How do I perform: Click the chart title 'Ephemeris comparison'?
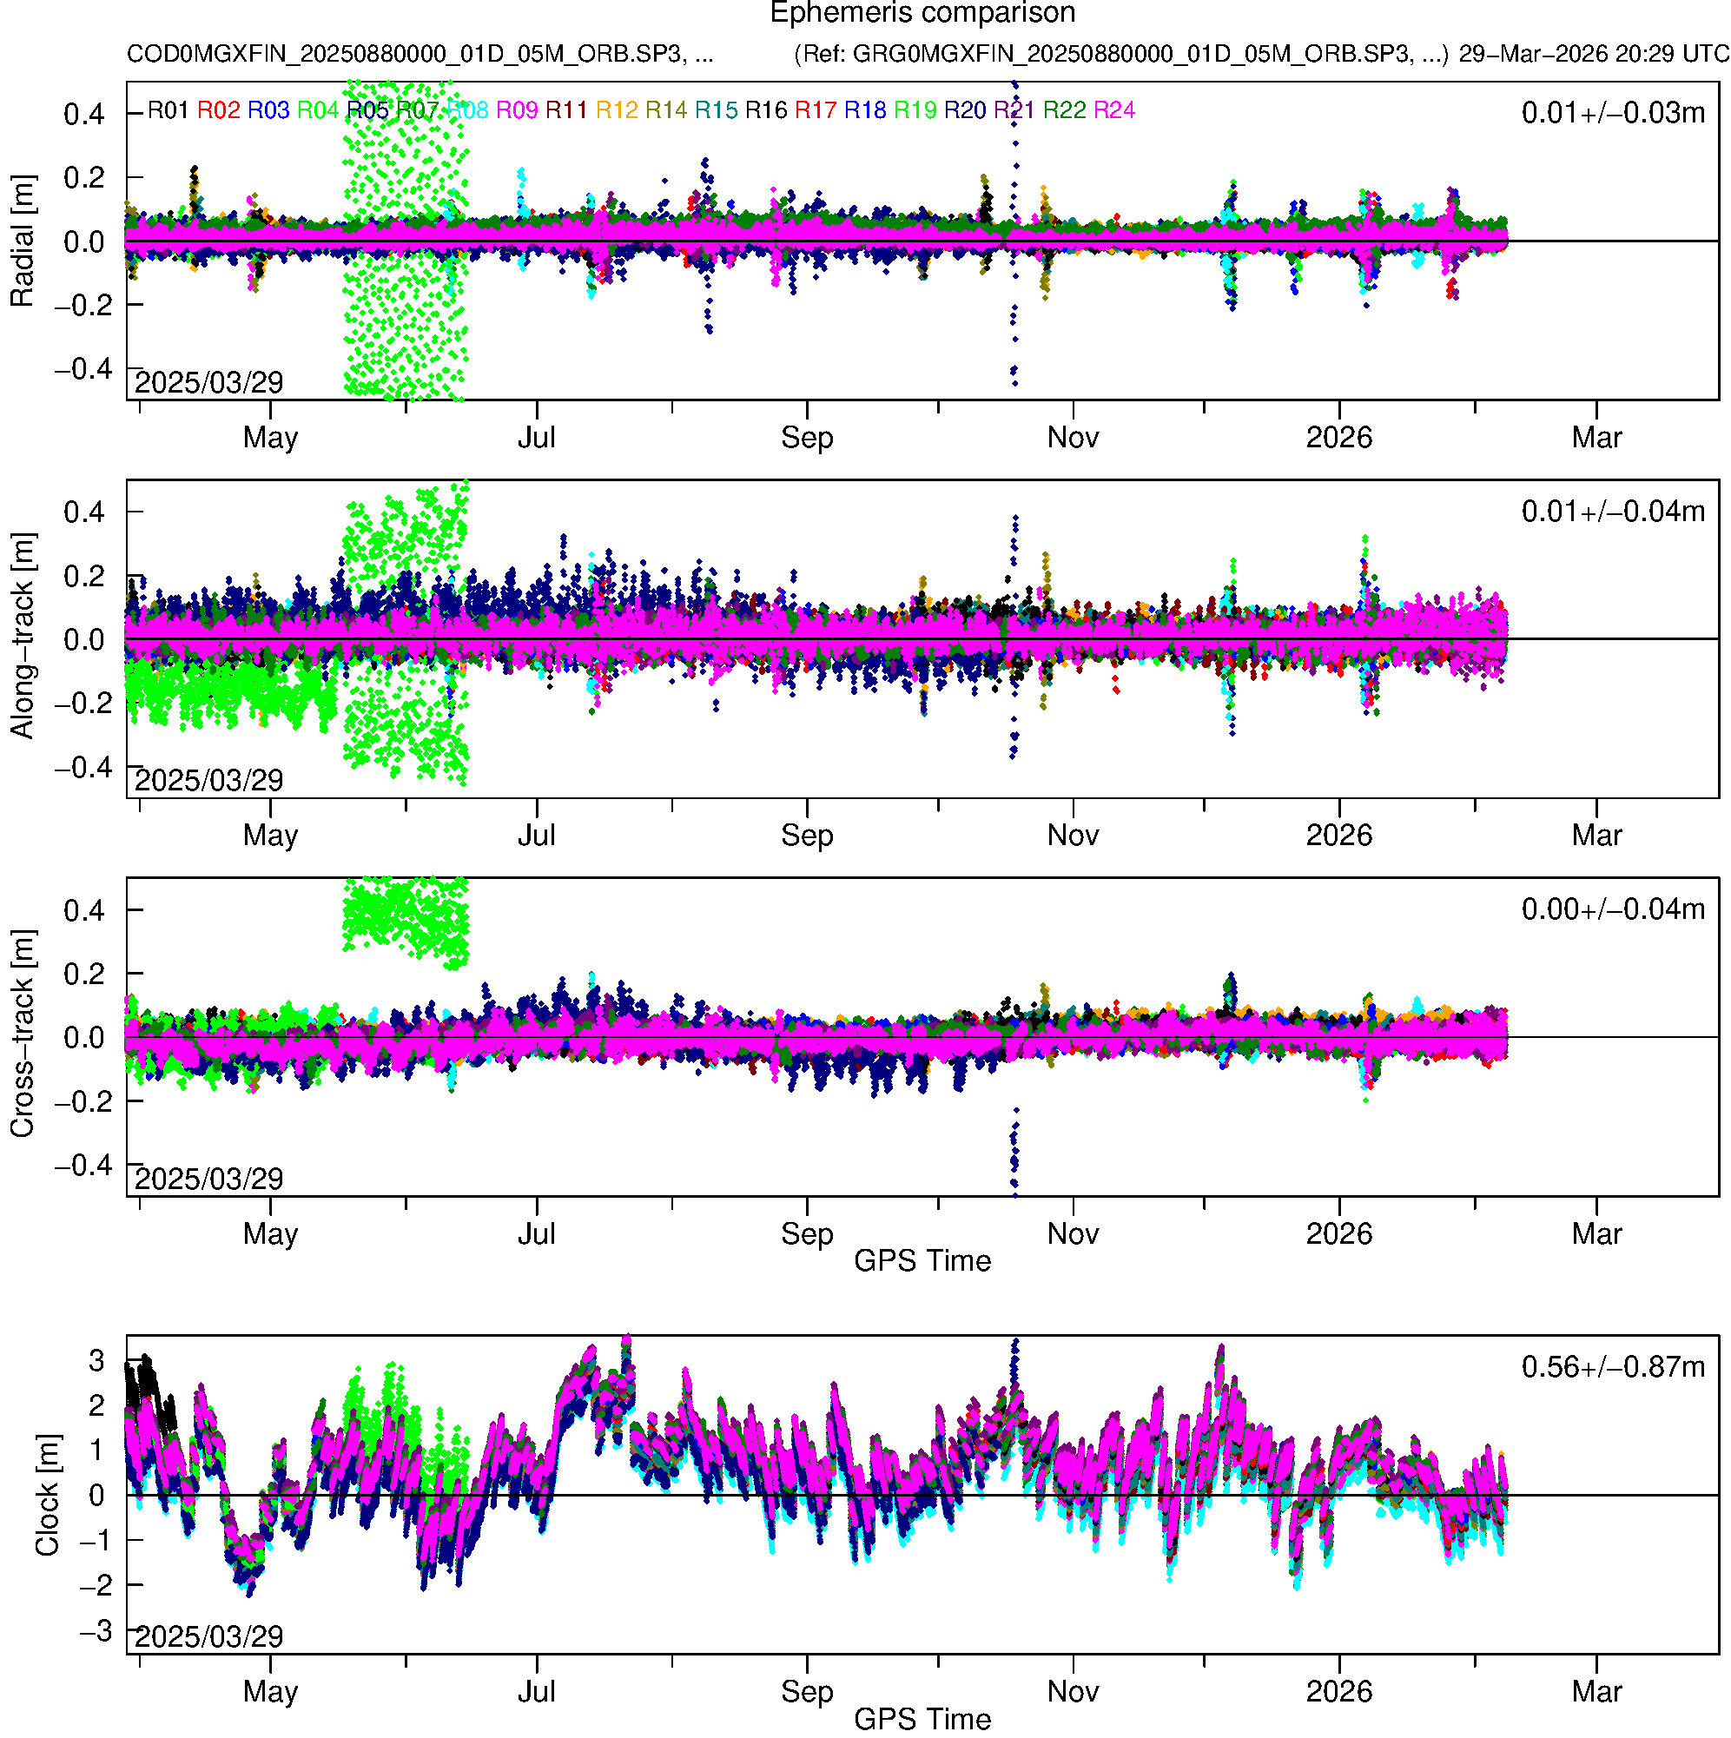click(922, 14)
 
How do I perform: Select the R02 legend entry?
click(219, 110)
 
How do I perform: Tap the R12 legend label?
click(617, 110)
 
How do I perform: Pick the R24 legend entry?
click(1113, 110)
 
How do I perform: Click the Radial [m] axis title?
click(23, 241)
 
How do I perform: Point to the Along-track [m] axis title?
click(23, 636)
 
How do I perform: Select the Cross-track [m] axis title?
click(23, 1034)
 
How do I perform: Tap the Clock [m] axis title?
click(47, 1495)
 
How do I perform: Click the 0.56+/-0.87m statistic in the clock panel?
click(1612, 1367)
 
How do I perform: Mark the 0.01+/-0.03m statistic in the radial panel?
click(1612, 113)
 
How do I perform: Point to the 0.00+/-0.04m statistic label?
click(1612, 909)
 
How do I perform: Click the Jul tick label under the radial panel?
click(536, 438)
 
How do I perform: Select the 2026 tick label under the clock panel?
click(1338, 1692)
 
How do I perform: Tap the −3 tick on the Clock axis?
click(96, 1631)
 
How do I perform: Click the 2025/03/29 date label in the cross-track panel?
click(208, 1179)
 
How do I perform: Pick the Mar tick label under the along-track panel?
click(1596, 836)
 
